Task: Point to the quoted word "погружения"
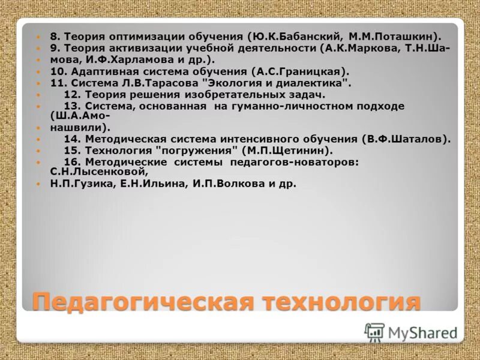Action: pos(196,151)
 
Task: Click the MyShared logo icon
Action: pos(374,332)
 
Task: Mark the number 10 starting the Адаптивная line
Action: pos(56,72)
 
